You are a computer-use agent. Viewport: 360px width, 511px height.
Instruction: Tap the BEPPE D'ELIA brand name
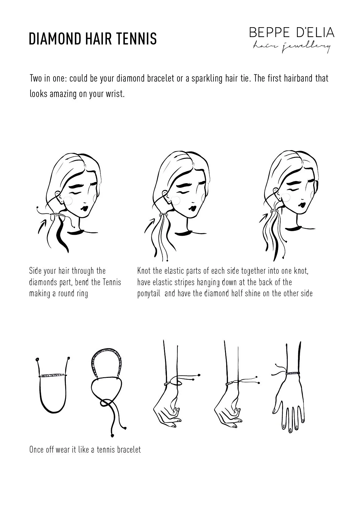pyautogui.click(x=292, y=32)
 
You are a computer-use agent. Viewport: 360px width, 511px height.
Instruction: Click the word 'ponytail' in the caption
pyautogui.click(x=149, y=293)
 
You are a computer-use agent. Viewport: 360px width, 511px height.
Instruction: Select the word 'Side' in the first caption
pyautogui.click(x=35, y=271)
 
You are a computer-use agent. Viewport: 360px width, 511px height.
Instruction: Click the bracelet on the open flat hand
pyautogui.click(x=292, y=374)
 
